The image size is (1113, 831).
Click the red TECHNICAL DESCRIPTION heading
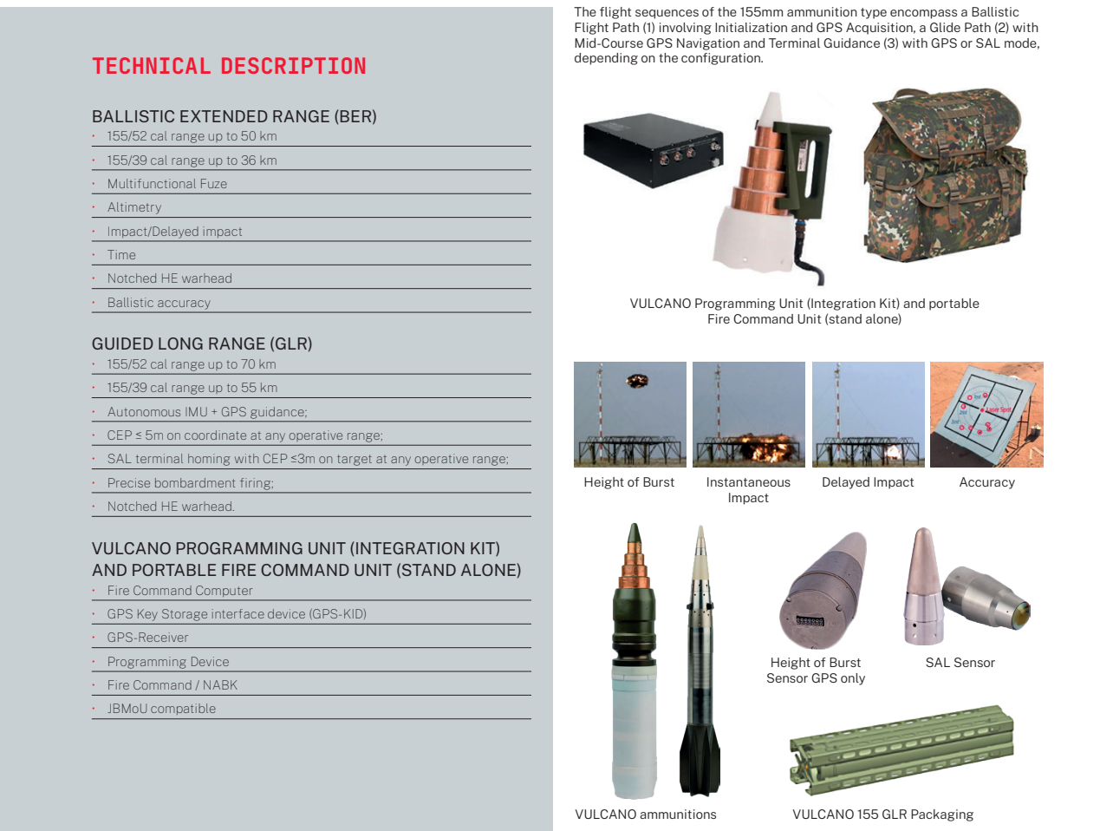[x=229, y=66]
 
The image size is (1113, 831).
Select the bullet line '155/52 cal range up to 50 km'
[x=192, y=136]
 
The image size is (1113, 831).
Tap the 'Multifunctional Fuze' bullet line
[x=166, y=184]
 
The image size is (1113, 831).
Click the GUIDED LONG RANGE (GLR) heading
[x=202, y=344]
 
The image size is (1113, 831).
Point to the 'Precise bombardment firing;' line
[x=190, y=483]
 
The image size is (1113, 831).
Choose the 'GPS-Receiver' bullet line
[x=147, y=638]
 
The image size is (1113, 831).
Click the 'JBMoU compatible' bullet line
[x=161, y=709]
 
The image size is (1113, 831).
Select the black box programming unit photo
[x=652, y=149]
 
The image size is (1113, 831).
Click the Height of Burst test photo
[x=630, y=415]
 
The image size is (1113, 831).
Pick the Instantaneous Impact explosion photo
[x=749, y=415]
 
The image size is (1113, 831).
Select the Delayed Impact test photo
[x=868, y=415]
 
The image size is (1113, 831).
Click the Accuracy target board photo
[x=986, y=415]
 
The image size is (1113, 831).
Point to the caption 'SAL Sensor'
[x=960, y=663]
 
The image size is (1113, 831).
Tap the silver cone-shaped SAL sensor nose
[x=922, y=590]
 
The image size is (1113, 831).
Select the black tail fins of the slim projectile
[x=700, y=755]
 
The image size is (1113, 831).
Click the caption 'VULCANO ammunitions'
[x=646, y=815]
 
